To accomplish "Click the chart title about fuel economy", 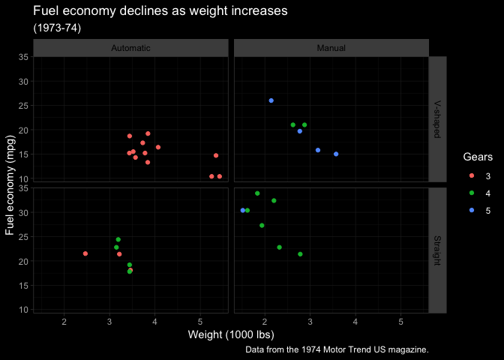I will pyautogui.click(x=160, y=12).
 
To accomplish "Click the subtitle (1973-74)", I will pyautogui.click(x=57, y=28).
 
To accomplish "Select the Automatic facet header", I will pyautogui.click(x=130, y=48).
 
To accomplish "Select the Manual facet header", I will pyautogui.click(x=331, y=48).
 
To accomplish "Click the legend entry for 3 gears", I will pyautogui.click(x=472, y=175).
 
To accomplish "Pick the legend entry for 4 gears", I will pyautogui.click(x=472, y=193).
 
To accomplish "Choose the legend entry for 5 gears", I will pyautogui.click(x=472, y=210).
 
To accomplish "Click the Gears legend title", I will pyautogui.click(x=477, y=157).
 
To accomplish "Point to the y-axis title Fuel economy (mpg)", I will pyautogui.click(x=10, y=184).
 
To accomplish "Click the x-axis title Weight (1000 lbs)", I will pyautogui.click(x=231, y=334).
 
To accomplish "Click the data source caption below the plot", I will pyautogui.click(x=337, y=349).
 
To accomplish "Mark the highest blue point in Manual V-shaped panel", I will pyautogui.click(x=271, y=100).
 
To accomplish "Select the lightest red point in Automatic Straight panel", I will pyautogui.click(x=85, y=253).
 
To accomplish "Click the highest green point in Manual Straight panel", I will pyautogui.click(x=257, y=193).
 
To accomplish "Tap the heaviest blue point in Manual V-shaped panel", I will pyautogui.click(x=336, y=154).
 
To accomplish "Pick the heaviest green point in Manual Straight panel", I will pyautogui.click(x=300, y=254).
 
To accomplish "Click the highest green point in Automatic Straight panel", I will pyautogui.click(x=118, y=240).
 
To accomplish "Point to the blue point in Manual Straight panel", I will pyautogui.click(x=243, y=211).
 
